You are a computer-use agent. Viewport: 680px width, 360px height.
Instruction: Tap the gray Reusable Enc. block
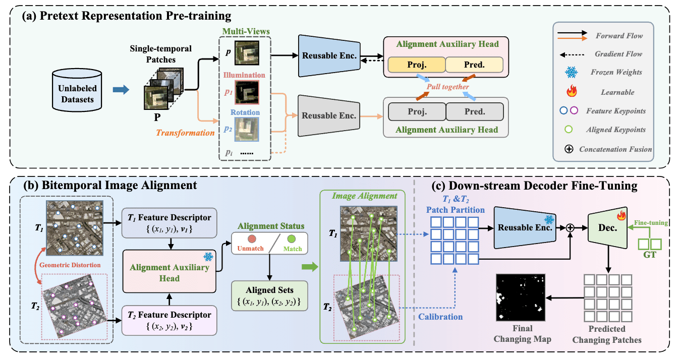(x=328, y=115)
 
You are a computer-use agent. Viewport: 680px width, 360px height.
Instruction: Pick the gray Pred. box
(x=475, y=111)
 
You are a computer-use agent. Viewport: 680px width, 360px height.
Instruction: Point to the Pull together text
(x=448, y=87)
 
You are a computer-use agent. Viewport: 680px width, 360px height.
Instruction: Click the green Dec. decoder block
(x=608, y=227)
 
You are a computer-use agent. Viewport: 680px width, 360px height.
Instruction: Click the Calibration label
(x=440, y=317)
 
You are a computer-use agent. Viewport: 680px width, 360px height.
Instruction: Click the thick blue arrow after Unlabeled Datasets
(x=118, y=90)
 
